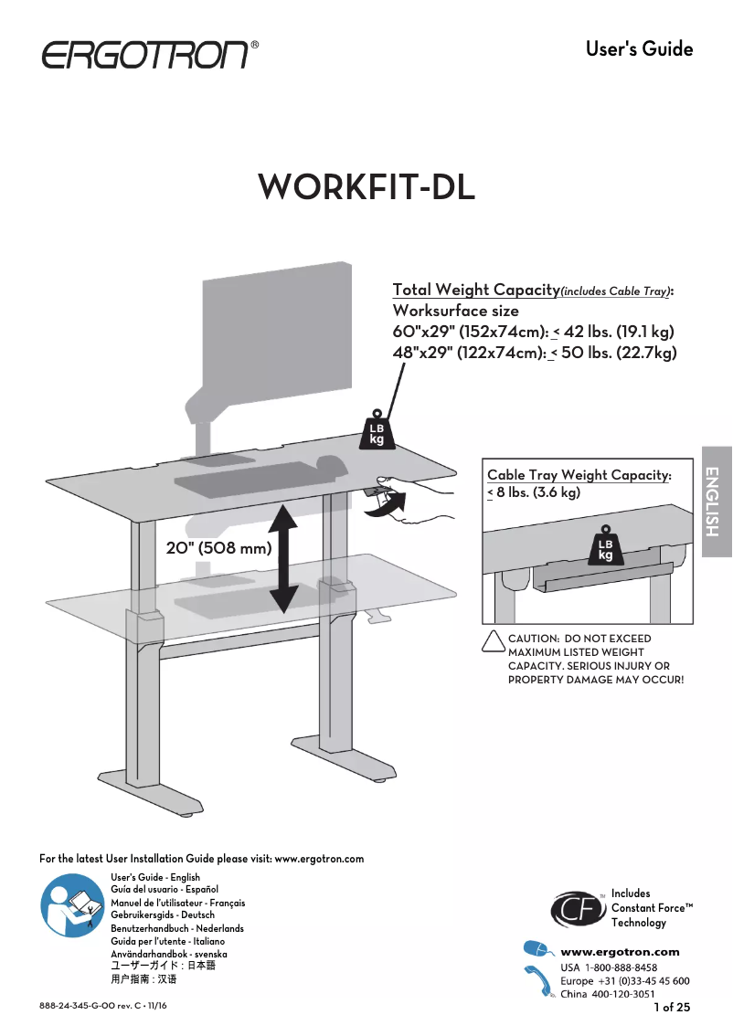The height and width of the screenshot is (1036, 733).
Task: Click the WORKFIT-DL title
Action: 366,187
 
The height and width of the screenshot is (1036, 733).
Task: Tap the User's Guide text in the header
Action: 639,49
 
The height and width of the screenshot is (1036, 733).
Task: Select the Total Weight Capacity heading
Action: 475,290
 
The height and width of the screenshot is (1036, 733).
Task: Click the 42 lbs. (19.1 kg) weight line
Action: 534,332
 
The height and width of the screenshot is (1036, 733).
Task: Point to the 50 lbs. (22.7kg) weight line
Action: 534,354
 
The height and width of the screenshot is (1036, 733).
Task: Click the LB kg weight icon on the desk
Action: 377,430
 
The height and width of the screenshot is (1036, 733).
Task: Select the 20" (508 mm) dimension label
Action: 219,549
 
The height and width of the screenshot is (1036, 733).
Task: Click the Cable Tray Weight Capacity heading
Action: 579,475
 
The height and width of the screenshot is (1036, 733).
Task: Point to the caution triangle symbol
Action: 493,642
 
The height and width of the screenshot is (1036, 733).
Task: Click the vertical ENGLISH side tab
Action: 717,502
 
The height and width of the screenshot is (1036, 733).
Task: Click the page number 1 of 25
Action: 672,1008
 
